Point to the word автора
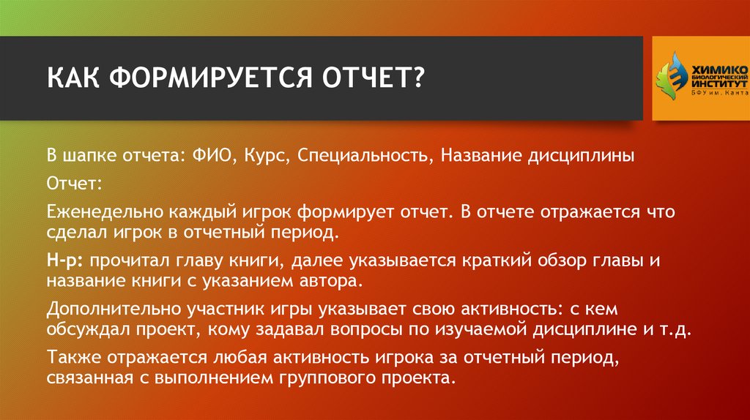333,281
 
